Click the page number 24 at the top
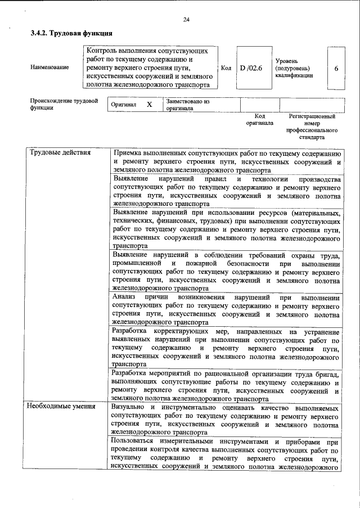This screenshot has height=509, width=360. click(186, 20)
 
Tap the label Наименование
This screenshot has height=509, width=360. click(50, 67)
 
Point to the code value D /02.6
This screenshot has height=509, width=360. click(251, 68)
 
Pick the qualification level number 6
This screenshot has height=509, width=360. click(336, 68)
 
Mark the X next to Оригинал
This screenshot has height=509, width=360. click(149, 105)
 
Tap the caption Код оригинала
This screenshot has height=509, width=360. click(259, 119)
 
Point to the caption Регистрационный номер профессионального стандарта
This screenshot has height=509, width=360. click(312, 127)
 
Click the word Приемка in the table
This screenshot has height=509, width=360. click(129, 153)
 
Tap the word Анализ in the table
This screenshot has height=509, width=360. click(124, 296)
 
